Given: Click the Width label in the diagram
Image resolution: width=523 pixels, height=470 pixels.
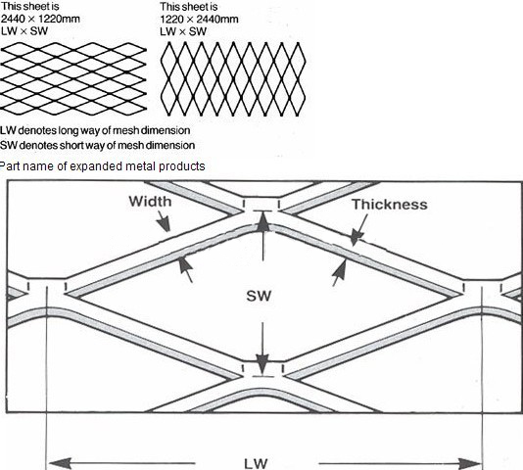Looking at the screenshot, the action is tap(150, 202).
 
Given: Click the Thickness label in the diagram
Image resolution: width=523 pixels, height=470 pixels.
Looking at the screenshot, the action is tap(390, 205).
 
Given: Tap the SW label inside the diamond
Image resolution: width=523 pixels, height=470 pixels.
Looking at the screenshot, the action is tap(259, 296).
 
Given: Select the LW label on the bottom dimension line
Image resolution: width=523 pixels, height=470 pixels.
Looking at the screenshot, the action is tap(256, 464).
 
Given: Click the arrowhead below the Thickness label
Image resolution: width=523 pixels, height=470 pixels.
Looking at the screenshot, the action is tap(357, 238).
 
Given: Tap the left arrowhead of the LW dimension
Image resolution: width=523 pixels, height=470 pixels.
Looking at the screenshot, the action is tap(60, 464).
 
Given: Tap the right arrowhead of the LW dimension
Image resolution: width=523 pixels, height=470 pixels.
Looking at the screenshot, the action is tap(470, 464).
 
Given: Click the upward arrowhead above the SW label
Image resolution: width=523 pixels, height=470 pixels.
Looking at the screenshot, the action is tap(262, 222).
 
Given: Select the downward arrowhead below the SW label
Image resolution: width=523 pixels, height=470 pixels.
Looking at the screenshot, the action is tap(262, 365).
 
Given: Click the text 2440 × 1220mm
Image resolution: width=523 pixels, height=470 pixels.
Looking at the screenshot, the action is tap(40, 19).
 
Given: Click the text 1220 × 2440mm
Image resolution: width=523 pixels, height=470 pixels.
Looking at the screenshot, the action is tap(199, 19).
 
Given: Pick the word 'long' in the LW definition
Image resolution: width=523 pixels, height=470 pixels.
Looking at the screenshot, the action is tap(69, 130).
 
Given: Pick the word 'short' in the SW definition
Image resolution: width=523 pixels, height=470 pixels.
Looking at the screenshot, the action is tap(74, 146).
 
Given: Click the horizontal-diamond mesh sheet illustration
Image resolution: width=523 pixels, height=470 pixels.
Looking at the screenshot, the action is tap(73, 78).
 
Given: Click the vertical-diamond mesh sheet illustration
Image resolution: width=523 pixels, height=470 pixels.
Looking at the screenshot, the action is tap(233, 79).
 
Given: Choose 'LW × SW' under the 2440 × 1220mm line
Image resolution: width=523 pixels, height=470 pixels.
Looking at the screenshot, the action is tap(24, 31).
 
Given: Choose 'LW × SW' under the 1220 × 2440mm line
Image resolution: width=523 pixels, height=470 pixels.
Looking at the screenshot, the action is tap(183, 31).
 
